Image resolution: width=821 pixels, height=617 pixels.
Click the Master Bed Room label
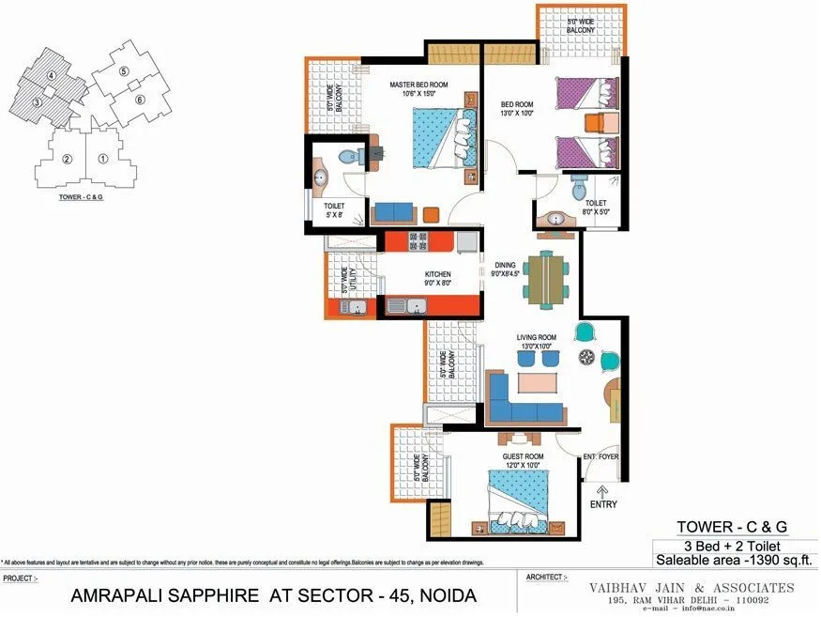[418, 85]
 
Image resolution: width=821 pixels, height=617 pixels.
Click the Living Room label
[536, 337]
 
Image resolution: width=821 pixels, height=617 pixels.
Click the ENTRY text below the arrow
[604, 505]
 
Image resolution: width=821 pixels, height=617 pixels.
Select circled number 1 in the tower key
[102, 159]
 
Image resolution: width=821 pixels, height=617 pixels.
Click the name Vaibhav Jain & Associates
[691, 588]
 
